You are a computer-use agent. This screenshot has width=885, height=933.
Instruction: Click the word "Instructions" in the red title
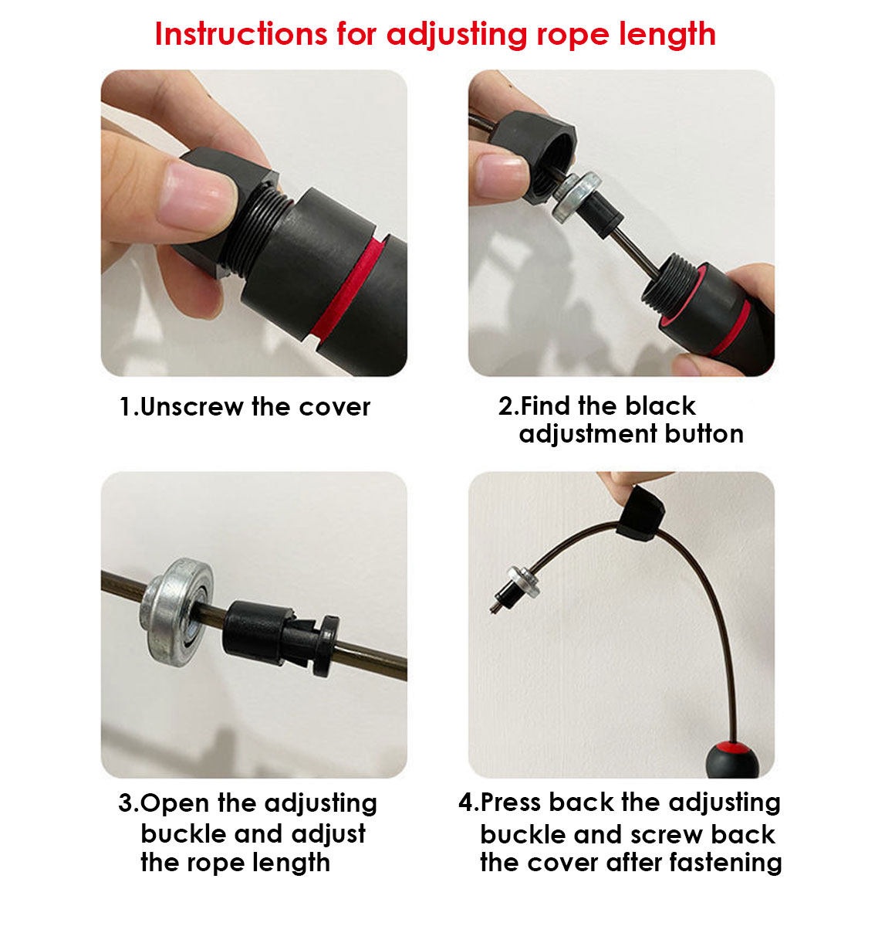241,34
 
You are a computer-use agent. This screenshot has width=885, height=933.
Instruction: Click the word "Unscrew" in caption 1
191,407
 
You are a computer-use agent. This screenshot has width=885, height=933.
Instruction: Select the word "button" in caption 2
704,434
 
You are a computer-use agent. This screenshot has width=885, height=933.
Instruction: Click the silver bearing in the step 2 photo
576,197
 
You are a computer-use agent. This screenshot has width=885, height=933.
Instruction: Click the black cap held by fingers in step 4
640,515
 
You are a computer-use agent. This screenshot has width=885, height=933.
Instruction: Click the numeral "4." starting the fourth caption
469,802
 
